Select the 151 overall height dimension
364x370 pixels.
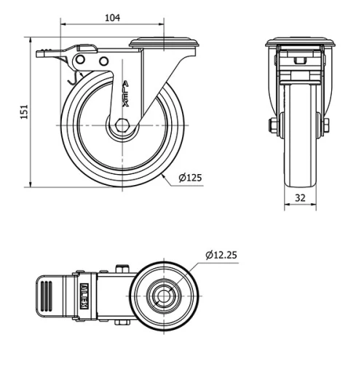(23, 111)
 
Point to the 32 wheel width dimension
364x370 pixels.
(300, 197)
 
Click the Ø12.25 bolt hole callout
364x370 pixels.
(221, 255)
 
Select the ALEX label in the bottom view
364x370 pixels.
(84, 296)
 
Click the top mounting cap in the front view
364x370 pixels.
(300, 42)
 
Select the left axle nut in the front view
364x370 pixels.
(273, 126)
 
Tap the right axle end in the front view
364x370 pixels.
(326, 126)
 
